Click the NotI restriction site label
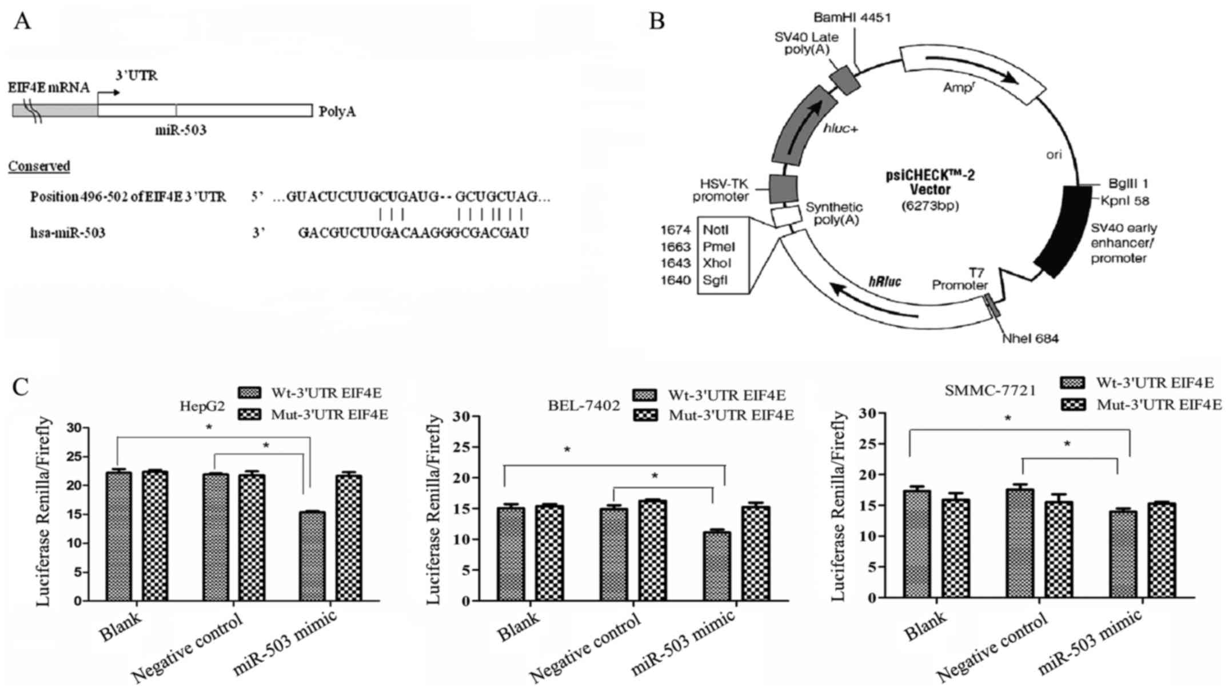716,230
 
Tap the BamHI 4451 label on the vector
856,18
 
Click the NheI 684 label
1030,339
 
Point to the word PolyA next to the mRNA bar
337,111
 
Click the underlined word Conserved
39,166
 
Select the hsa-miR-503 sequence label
68,233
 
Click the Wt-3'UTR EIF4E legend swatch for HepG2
249,393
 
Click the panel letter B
657,22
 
